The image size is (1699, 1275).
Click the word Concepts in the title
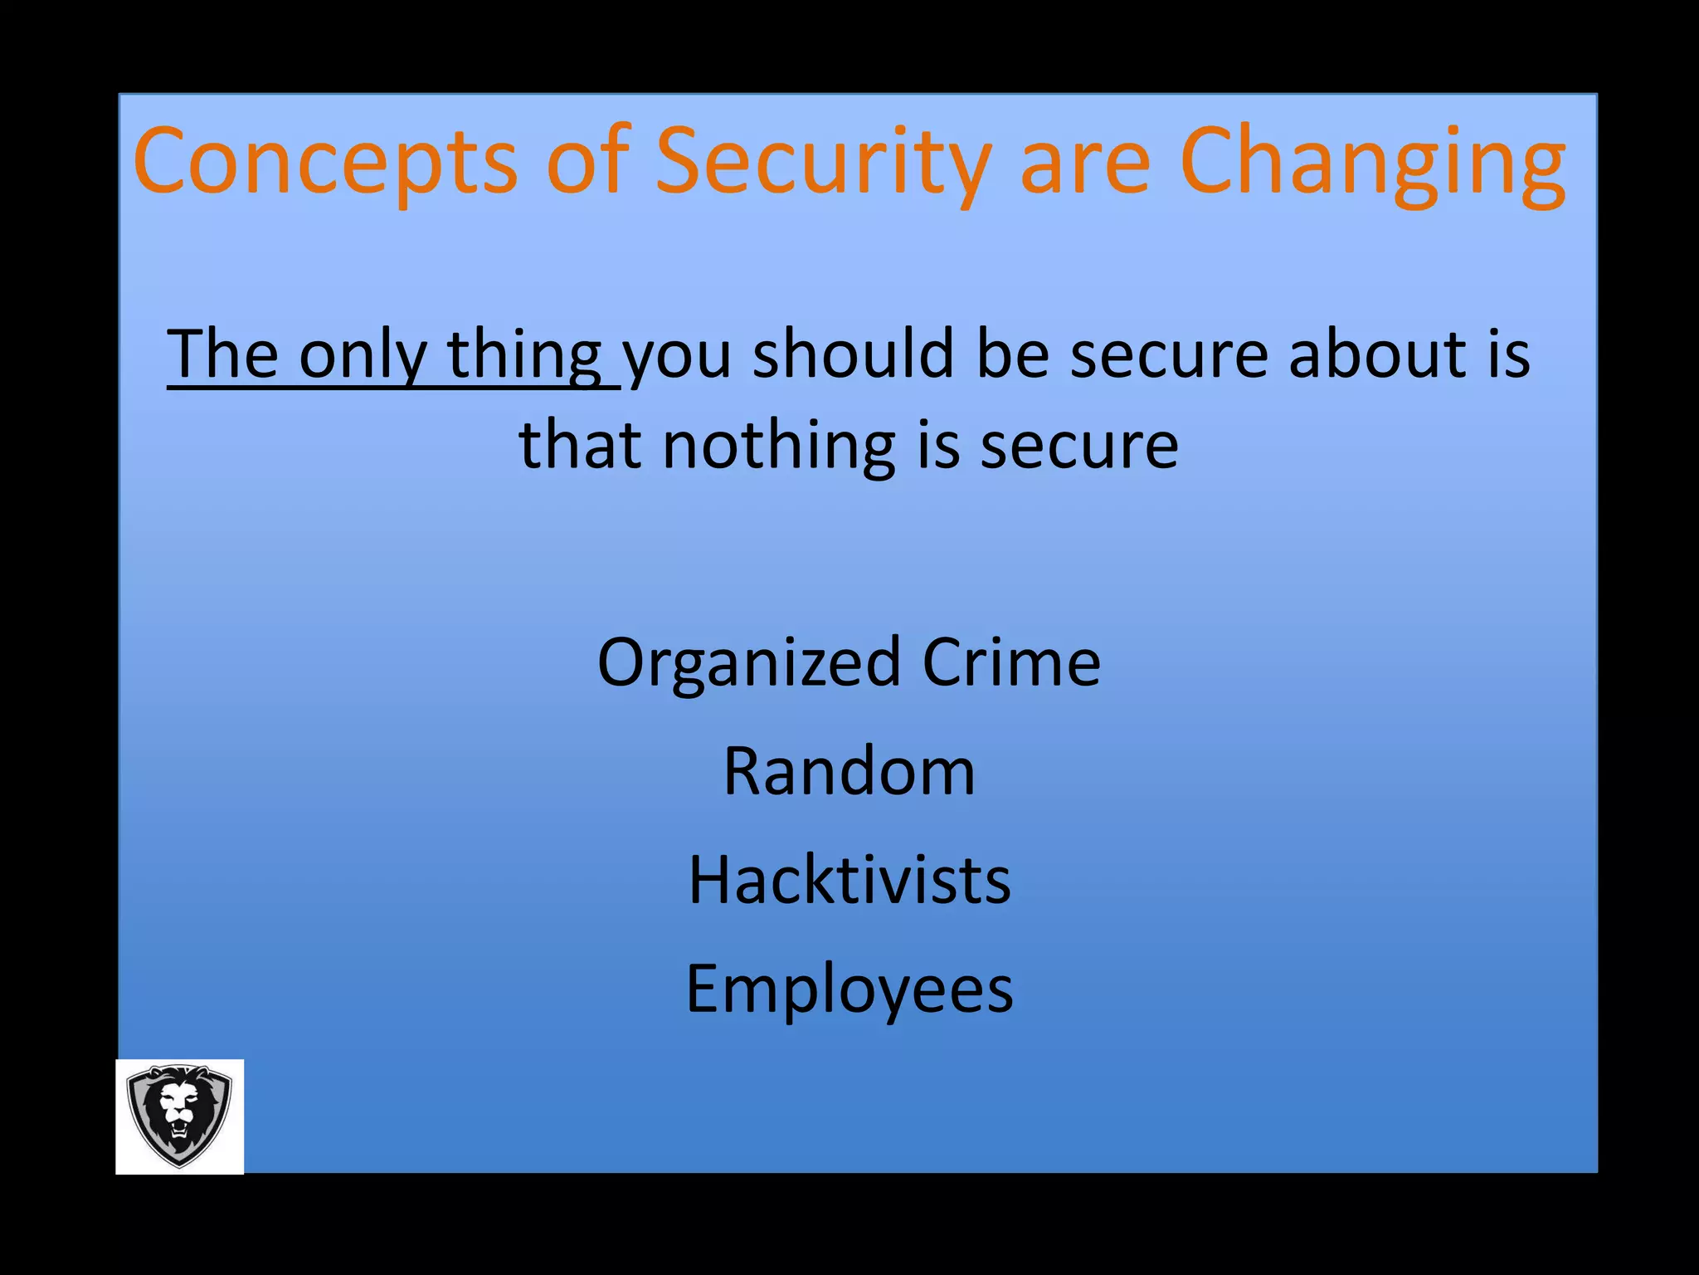[325, 161]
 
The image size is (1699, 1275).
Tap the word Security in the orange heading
[823, 161]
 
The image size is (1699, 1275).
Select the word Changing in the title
[1372, 161]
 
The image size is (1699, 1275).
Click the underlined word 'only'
[363, 355]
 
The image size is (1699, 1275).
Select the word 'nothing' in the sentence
[779, 445]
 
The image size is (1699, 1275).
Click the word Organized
[748, 663]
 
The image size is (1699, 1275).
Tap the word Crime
[1011, 662]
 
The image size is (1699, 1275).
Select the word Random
[849, 771]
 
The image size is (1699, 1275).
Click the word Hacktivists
[849, 880]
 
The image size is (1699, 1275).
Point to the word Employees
[849, 989]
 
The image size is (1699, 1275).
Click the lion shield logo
[179, 1116]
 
